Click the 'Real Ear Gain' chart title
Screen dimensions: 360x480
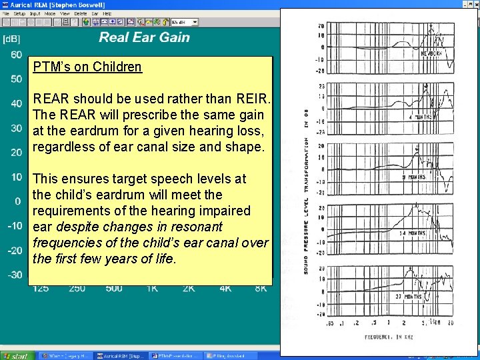click(144, 37)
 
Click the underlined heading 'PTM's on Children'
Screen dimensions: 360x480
click(88, 67)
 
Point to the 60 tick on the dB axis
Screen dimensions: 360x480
click(16, 55)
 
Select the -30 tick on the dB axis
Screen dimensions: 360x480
click(14, 275)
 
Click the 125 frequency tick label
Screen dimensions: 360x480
click(40, 288)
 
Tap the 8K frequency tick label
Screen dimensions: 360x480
click(260, 288)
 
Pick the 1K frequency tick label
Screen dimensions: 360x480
click(151, 288)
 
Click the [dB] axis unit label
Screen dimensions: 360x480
click(12, 39)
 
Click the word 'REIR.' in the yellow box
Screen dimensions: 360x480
click(254, 99)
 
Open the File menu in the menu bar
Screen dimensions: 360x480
click(6, 13)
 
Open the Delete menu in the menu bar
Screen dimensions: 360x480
click(80, 13)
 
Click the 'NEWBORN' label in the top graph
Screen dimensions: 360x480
click(431, 53)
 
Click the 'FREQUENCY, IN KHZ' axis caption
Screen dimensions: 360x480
click(389, 337)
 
